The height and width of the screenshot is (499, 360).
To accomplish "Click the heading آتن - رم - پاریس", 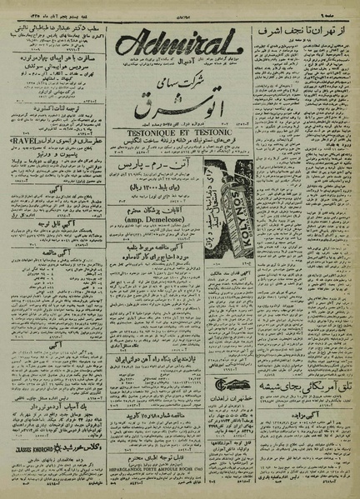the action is (x=177, y=171).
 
